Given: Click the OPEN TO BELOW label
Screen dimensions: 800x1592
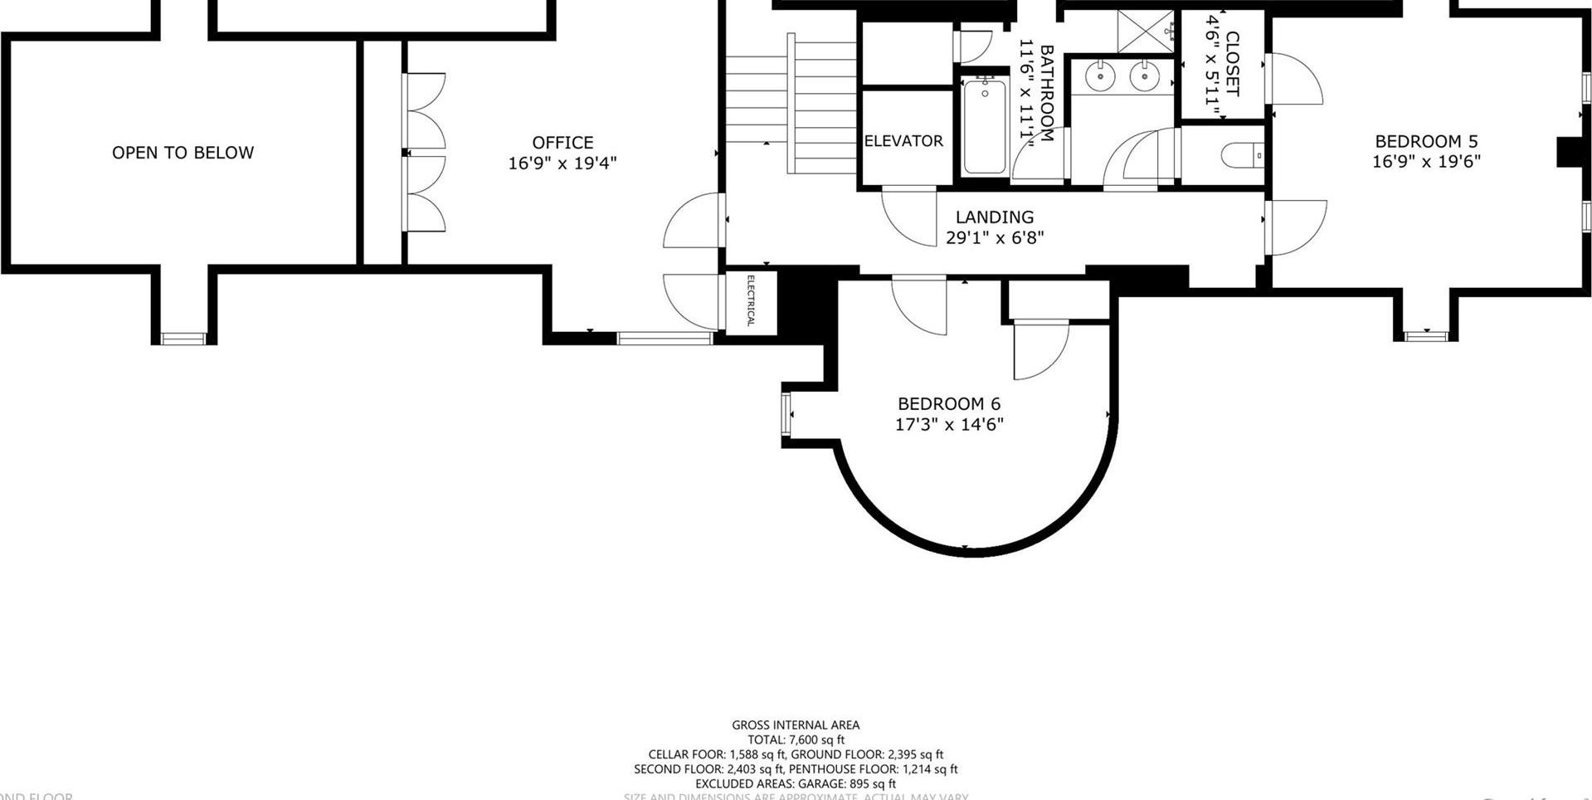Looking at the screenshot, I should tap(183, 153).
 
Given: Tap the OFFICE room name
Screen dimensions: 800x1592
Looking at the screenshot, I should tap(562, 143).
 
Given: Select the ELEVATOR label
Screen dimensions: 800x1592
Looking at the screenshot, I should tap(903, 141).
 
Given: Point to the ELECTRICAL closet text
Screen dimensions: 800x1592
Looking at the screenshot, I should tap(751, 300).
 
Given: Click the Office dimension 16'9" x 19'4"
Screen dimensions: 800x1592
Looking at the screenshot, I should tap(562, 163).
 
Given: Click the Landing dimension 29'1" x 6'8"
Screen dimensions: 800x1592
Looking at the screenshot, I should tap(994, 238).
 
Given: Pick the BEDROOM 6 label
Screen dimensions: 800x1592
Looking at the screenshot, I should tap(949, 404).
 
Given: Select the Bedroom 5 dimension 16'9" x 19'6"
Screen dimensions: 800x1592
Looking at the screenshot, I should tap(1425, 162).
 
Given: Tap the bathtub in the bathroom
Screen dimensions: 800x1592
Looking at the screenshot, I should tap(985, 126).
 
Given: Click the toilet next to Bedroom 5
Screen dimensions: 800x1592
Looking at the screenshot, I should tap(1243, 155).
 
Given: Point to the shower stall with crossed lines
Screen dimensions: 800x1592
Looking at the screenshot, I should tap(1145, 32).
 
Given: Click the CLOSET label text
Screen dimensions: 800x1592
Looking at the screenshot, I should tap(1232, 64).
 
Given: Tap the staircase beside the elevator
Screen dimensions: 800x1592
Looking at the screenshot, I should tap(792, 104).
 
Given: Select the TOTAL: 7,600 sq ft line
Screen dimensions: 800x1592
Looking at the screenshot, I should tap(795, 739).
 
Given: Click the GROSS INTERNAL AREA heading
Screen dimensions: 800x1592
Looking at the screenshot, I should tap(795, 724).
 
